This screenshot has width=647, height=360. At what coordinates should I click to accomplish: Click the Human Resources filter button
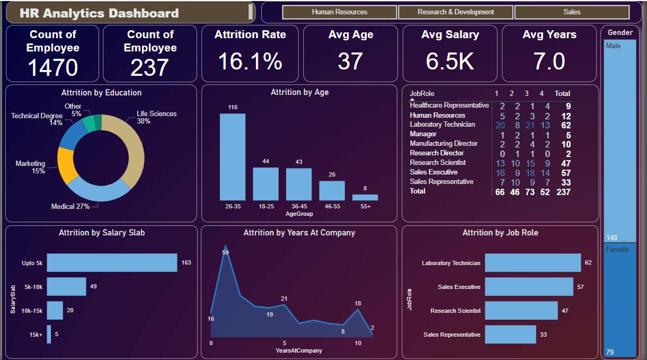(339, 12)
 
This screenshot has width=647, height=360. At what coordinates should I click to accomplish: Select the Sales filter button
(572, 12)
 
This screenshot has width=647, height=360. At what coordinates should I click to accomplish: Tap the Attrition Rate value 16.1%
(250, 62)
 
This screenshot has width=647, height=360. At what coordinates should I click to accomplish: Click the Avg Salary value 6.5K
(449, 62)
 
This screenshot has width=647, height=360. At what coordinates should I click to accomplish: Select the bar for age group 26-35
(233, 157)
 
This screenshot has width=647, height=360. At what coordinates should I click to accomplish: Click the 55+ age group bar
(365, 197)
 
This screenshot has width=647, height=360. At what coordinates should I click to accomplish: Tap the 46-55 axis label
(332, 206)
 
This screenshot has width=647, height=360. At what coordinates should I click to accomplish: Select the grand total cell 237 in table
(563, 192)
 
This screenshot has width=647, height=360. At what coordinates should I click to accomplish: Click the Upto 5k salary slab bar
(112, 262)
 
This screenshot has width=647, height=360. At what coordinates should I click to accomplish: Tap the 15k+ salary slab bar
(49, 334)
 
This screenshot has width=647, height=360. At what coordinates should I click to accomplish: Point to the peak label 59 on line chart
(225, 252)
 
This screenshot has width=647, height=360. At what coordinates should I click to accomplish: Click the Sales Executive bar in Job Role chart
(529, 287)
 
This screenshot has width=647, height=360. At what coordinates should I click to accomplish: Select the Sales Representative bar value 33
(543, 335)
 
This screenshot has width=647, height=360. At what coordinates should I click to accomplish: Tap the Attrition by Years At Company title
(299, 233)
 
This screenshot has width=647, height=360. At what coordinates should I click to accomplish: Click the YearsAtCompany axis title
(299, 350)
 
